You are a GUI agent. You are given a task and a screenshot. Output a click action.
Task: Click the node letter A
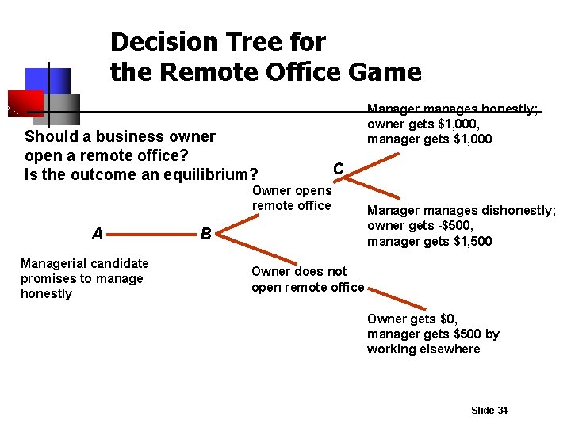pyautogui.click(x=98, y=234)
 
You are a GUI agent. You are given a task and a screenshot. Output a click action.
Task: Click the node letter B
pyautogui.click(x=205, y=235)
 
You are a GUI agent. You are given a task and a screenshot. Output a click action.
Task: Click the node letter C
pyautogui.click(x=339, y=169)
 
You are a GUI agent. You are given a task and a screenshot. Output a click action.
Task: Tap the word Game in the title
pyautogui.click(x=385, y=72)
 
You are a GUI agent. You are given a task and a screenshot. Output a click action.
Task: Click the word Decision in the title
pyautogui.click(x=163, y=41)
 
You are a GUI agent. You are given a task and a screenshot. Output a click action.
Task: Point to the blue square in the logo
pyautogui.click(x=48, y=80)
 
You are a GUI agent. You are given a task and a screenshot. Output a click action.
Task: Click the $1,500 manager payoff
pyautogui.click(x=471, y=241)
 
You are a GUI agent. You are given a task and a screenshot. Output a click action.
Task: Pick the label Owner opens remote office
pyautogui.click(x=292, y=198)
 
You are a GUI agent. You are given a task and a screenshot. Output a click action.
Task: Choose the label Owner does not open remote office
pyautogui.click(x=308, y=279)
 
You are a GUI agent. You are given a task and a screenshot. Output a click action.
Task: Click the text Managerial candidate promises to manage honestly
pyautogui.click(x=84, y=278)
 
